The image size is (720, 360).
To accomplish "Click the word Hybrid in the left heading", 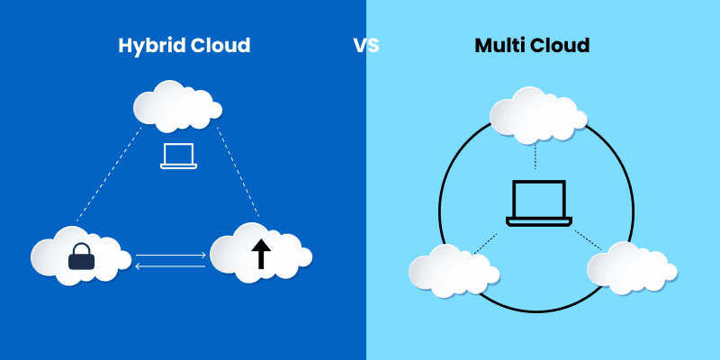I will [x=148, y=46].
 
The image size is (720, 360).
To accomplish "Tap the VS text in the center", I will [x=365, y=46].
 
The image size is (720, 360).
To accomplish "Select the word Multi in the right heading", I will [x=501, y=46].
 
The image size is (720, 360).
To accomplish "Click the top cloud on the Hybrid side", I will [x=175, y=105].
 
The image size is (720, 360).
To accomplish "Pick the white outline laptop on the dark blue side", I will [x=178, y=156].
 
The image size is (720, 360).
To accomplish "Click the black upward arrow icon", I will [x=260, y=255].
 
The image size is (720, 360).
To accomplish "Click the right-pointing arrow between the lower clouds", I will [x=171, y=256].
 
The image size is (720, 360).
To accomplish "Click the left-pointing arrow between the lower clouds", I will [x=170, y=266].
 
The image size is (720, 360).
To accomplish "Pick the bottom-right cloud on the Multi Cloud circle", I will [x=629, y=268].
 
